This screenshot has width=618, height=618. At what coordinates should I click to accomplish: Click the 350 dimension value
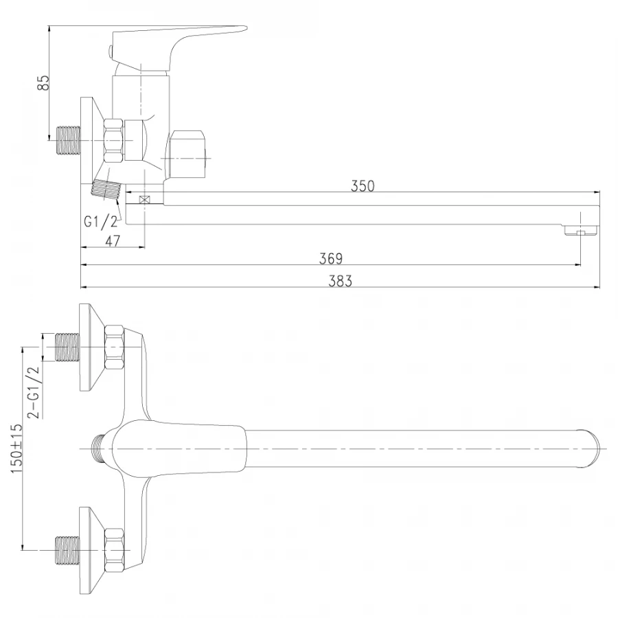click(x=362, y=186)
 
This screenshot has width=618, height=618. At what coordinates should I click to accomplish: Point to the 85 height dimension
click(x=43, y=83)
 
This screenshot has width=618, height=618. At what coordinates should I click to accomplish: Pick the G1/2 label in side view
click(x=101, y=221)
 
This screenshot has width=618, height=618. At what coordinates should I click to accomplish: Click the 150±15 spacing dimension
click(x=16, y=446)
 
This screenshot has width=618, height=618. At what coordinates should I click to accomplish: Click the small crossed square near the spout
click(x=144, y=200)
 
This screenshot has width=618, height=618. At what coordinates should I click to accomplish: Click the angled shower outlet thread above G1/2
click(x=105, y=187)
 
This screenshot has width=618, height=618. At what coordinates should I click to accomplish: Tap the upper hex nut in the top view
click(x=113, y=347)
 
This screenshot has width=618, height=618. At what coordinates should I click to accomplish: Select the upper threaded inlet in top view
click(x=67, y=347)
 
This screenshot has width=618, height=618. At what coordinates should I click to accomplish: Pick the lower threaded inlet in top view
click(x=67, y=549)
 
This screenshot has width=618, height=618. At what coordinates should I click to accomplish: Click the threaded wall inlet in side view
click(x=67, y=139)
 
